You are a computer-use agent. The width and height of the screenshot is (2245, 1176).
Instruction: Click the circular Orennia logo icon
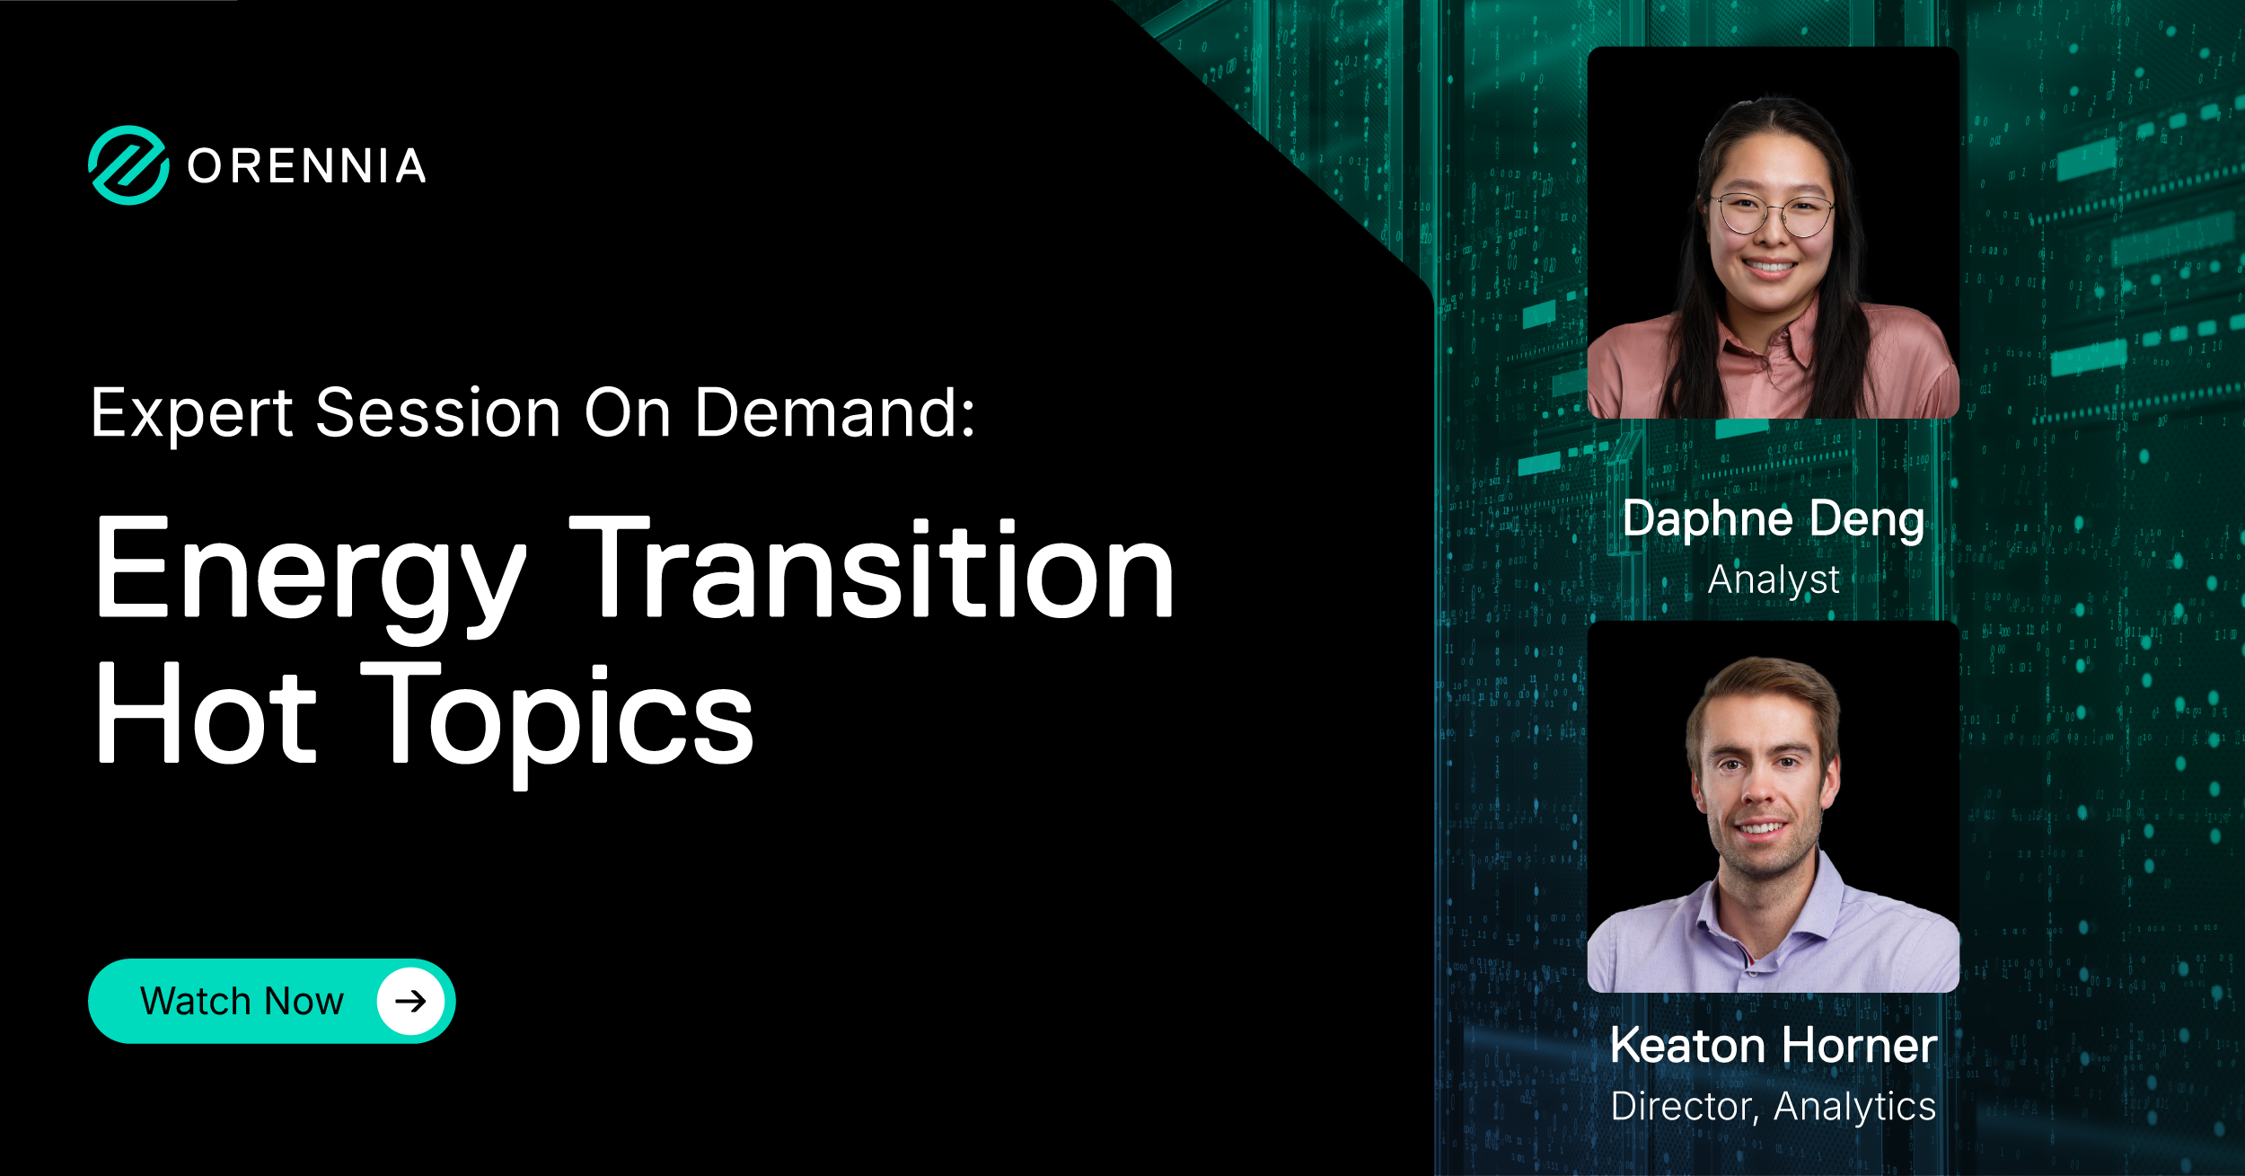(128, 165)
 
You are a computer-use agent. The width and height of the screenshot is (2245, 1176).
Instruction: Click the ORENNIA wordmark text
(307, 166)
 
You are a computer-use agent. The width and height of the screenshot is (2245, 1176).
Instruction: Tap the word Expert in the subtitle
(192, 414)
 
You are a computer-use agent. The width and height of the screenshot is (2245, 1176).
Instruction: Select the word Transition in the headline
(873, 569)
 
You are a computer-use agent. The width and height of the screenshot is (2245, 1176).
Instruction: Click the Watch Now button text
(242, 1001)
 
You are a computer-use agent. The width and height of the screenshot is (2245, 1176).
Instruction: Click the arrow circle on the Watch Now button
(410, 1001)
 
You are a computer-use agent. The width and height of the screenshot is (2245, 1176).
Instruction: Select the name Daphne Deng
(1774, 519)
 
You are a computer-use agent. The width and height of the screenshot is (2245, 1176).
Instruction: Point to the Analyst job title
(1774, 579)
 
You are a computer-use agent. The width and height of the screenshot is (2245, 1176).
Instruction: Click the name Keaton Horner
(1774, 1046)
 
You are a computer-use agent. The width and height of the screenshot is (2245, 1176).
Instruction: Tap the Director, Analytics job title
(1774, 1106)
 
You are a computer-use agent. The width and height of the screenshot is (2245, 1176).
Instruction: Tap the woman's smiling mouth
(1769, 266)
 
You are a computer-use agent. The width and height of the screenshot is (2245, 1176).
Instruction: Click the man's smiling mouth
(1761, 827)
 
